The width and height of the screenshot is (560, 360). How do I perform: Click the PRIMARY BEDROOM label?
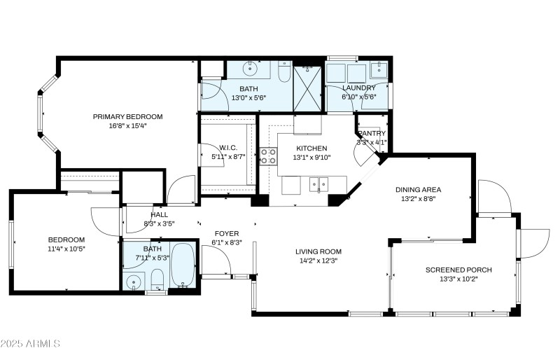pyautogui.click(x=127, y=116)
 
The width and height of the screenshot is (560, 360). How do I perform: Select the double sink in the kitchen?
pyautogui.click(x=319, y=186)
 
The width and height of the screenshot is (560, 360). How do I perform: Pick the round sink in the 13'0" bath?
pyautogui.click(x=249, y=69)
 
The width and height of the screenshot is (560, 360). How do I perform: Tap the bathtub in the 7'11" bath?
pyautogui.click(x=184, y=265)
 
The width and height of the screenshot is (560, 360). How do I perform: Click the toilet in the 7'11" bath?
pyautogui.click(x=157, y=281)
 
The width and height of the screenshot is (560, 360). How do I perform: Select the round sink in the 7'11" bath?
pyautogui.click(x=134, y=282)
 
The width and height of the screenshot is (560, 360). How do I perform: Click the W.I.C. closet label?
pyautogui.click(x=228, y=147)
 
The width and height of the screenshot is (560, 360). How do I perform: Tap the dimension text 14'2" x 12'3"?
pyautogui.click(x=318, y=261)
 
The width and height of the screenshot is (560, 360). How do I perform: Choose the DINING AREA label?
pyautogui.click(x=418, y=189)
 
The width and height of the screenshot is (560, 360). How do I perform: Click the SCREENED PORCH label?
pyautogui.click(x=458, y=270)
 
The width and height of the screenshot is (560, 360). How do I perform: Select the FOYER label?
pyautogui.click(x=226, y=233)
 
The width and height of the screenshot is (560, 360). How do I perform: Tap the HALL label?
pyautogui.click(x=159, y=214)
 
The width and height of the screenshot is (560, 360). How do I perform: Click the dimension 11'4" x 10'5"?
pyautogui.click(x=66, y=249)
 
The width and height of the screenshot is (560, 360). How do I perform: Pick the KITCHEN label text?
pyautogui.click(x=311, y=148)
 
